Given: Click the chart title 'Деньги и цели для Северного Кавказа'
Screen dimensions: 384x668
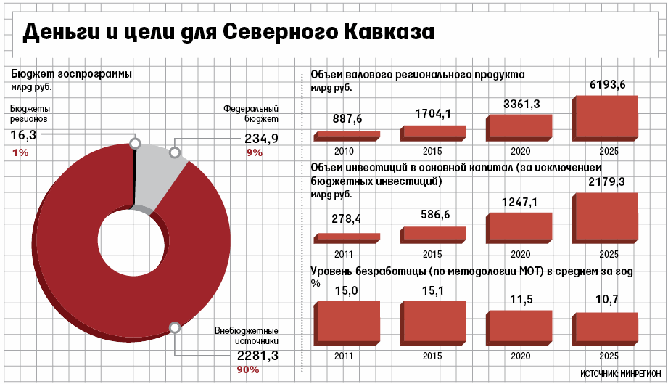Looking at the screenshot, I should click(x=228, y=33).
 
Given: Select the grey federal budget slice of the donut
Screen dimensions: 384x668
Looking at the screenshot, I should click(x=160, y=174).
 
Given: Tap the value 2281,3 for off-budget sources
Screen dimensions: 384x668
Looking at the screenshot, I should click(x=258, y=356).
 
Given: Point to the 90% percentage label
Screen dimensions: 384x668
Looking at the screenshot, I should click(x=248, y=371).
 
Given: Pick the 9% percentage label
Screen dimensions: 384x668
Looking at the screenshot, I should click(x=254, y=152).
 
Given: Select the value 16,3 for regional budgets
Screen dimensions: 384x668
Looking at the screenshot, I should click(x=23, y=135).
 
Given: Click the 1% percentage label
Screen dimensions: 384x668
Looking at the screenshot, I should click(x=20, y=152).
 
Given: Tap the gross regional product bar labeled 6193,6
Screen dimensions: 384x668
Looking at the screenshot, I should click(x=606, y=118).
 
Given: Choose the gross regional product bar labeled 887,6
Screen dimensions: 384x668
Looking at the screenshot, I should click(x=346, y=136).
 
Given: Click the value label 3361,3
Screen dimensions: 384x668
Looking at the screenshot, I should click(x=521, y=105).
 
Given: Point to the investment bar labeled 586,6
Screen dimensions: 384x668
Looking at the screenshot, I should click(x=433, y=234).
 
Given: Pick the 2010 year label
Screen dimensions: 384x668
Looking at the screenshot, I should click(x=344, y=152).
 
